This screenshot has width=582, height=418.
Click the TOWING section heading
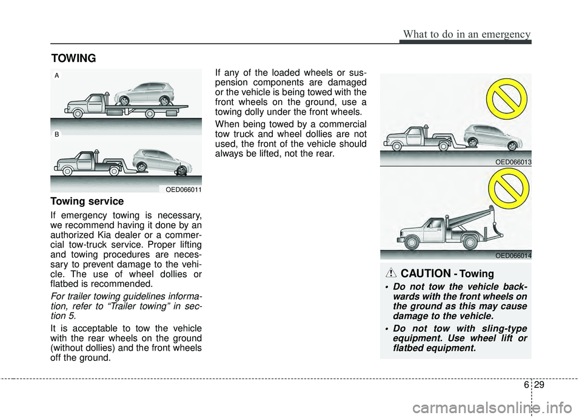point(73,58)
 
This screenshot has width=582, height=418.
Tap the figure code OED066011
point(184,190)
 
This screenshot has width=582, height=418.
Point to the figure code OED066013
point(512,162)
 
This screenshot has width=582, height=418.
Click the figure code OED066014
point(512,255)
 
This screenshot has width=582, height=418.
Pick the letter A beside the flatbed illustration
point(56,76)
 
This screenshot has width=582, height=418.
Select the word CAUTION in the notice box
point(442,274)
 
